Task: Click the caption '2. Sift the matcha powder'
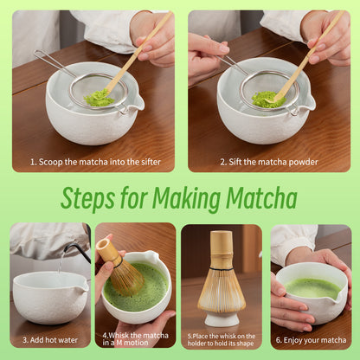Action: [268, 161]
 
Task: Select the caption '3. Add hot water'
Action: [49, 340]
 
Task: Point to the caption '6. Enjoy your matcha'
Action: [311, 340]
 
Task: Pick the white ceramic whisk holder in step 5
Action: [222, 318]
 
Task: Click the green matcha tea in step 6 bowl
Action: [312, 286]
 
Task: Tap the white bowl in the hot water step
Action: [49, 299]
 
